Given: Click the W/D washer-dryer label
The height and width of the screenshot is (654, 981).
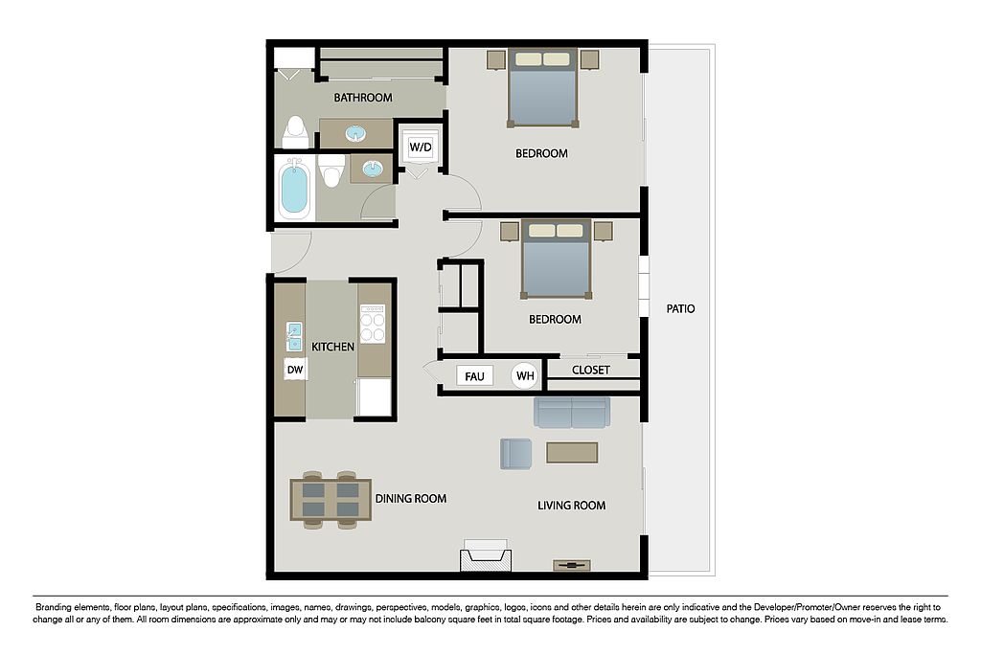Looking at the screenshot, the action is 420,147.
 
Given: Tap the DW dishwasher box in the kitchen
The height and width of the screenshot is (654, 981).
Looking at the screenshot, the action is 295,370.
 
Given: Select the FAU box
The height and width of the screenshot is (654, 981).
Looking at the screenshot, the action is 474,376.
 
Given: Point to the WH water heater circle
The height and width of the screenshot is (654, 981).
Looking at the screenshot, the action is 525,375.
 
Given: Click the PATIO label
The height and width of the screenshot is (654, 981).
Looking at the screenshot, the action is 680,309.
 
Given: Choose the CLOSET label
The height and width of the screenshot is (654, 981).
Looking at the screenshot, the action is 590,371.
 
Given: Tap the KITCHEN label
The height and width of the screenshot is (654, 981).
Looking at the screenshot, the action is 332,347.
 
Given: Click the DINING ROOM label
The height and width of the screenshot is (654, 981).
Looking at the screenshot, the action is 410,499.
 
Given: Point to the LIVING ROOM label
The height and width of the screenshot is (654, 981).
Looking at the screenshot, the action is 571,506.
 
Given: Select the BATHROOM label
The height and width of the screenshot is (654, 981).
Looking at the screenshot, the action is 363,98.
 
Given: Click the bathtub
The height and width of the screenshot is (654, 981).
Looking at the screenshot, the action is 294,188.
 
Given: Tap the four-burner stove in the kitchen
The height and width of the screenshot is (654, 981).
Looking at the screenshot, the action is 373,324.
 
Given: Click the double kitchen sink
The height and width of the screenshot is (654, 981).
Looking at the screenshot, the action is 293,336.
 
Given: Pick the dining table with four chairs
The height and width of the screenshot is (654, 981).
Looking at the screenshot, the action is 331,500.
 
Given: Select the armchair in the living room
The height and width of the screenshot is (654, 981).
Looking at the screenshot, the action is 515,454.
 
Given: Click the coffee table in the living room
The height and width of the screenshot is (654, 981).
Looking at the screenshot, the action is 572,453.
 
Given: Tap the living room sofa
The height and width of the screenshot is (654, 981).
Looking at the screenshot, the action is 572,412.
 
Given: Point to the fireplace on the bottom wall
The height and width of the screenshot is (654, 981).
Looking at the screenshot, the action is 486,555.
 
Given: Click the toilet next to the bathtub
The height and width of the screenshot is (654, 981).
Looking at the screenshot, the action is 331,170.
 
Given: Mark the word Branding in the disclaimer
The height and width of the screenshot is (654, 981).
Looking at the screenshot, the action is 54,607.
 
